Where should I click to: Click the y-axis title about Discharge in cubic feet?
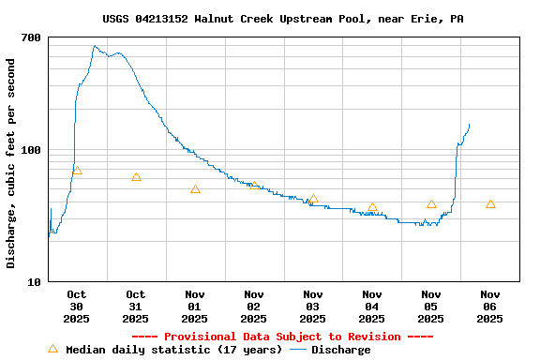coord(11,163)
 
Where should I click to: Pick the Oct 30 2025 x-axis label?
coord(77,306)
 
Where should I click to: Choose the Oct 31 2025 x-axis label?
coord(136,306)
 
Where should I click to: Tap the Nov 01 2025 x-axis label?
coord(195,306)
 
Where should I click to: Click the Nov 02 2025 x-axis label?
coord(254,306)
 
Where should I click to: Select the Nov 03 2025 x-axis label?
coord(313,306)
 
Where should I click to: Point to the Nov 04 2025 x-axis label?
coord(372,306)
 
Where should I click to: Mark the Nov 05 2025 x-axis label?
coord(431,306)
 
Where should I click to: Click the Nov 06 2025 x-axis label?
coord(490,306)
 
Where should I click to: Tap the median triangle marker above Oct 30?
coord(77,171)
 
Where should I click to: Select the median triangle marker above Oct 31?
coord(136,177)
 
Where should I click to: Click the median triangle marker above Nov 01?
coord(195,189)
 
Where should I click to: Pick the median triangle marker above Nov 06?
coord(490,204)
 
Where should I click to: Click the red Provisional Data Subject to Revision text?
coord(282,337)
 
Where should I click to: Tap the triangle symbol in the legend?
coord(52,350)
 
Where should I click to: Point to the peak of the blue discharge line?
coord(95,45)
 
